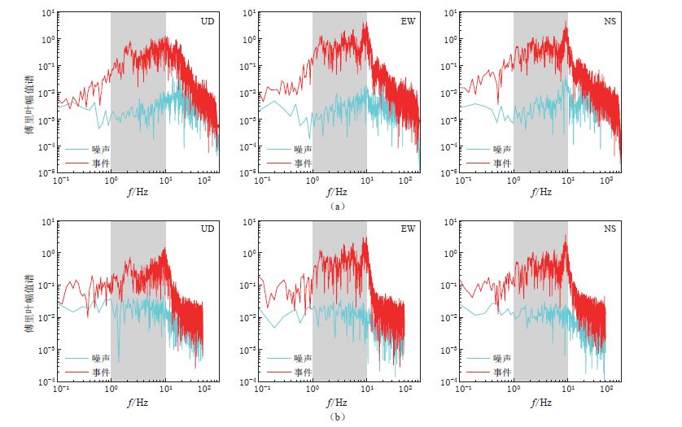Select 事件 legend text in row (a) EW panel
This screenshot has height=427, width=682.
click(304, 163)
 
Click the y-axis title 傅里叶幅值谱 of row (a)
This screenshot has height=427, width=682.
click(28, 93)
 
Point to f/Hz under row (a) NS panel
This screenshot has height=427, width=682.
click(540, 193)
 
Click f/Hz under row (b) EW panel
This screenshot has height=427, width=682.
click(339, 402)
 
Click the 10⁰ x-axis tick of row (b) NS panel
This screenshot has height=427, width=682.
click(514, 391)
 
